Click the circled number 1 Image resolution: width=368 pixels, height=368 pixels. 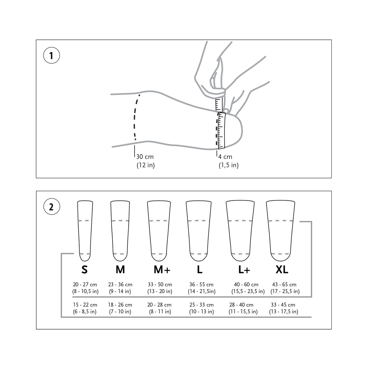click(x=51, y=56)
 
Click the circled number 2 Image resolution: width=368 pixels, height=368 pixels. click(x=51, y=207)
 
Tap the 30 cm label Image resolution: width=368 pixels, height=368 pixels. click(x=145, y=157)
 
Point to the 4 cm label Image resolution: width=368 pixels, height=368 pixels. click(x=225, y=157)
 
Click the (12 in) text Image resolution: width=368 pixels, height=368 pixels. click(x=146, y=165)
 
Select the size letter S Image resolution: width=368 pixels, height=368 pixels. click(x=85, y=269)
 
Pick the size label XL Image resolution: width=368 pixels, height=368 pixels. click(x=282, y=269)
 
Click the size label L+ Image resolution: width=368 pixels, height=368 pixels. click(x=244, y=269)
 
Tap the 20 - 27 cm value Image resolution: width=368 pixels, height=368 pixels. click(x=85, y=285)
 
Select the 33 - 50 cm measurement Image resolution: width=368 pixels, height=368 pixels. click(x=160, y=285)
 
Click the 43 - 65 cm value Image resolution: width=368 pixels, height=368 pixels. click(x=284, y=285)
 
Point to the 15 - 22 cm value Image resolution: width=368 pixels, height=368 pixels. click(x=85, y=305)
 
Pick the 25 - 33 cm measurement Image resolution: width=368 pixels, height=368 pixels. click(x=201, y=305)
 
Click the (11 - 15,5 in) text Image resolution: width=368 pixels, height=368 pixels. click(x=243, y=312)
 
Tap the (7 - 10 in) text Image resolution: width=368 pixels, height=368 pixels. click(x=120, y=312)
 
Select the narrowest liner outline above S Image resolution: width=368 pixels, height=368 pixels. click(x=85, y=230)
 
